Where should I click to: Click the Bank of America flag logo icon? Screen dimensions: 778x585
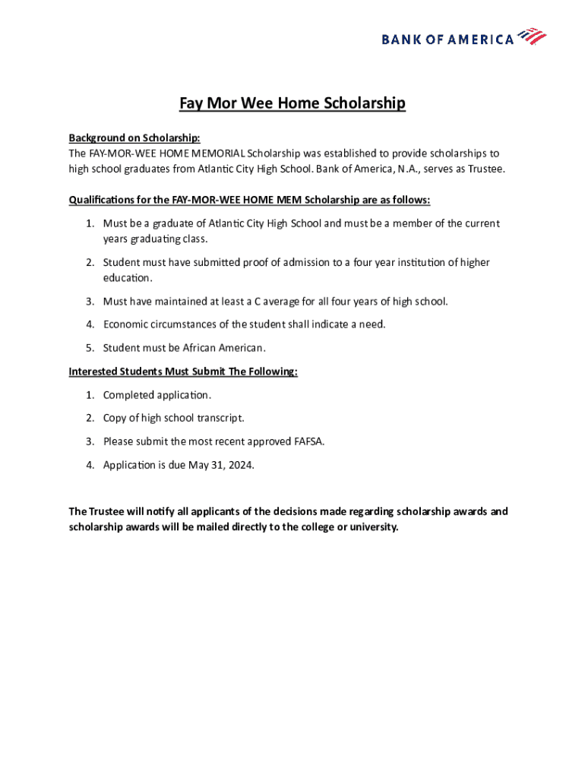532,36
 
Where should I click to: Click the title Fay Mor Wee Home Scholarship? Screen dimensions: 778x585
292,103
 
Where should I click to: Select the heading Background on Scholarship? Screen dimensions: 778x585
134,138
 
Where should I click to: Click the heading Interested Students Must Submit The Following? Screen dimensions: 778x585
183,372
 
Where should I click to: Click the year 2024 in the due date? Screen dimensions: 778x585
239,464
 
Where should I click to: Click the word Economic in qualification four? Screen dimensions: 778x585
127,324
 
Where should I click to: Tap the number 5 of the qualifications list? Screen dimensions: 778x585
88,348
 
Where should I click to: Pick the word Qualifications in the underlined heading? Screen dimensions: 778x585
101,200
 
